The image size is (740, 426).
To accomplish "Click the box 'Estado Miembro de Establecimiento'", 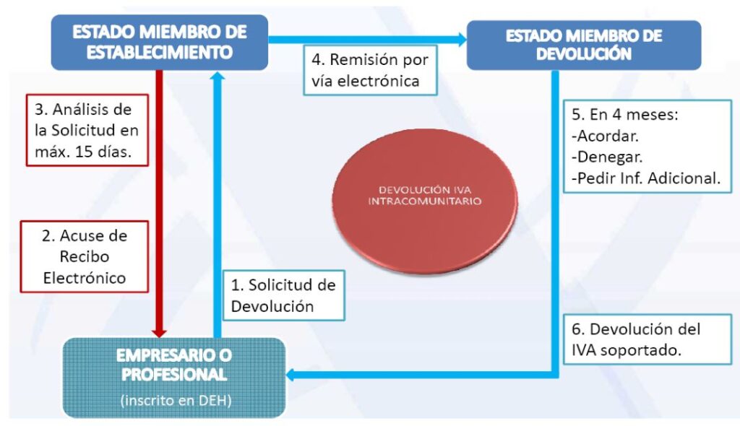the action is (160, 43).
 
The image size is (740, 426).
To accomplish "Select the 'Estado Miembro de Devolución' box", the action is (584, 45).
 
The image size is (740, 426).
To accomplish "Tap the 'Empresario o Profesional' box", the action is (174, 378).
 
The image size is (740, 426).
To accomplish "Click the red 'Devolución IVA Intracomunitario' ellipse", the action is (425, 200).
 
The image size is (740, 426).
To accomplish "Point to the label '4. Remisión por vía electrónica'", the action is (370, 70).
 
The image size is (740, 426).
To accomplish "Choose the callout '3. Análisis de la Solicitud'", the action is (87, 130).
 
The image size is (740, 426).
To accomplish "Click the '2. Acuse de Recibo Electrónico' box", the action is (85, 256).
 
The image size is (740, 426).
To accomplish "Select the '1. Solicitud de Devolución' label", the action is (283, 295).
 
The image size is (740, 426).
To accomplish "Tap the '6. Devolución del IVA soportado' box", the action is (647, 339).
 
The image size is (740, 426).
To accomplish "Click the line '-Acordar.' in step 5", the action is (605, 136).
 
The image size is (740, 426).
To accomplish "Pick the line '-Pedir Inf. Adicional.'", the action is (645, 178).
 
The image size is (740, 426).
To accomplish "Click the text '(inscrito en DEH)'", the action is (176, 401).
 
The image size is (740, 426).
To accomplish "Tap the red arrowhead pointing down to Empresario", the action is (160, 333).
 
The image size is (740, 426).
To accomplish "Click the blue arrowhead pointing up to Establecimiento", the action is (218, 76).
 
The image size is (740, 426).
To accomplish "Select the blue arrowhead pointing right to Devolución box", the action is (462, 40).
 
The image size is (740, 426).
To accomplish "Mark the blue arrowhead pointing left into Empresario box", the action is (291, 375).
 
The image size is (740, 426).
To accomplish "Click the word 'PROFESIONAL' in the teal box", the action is (174, 375).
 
